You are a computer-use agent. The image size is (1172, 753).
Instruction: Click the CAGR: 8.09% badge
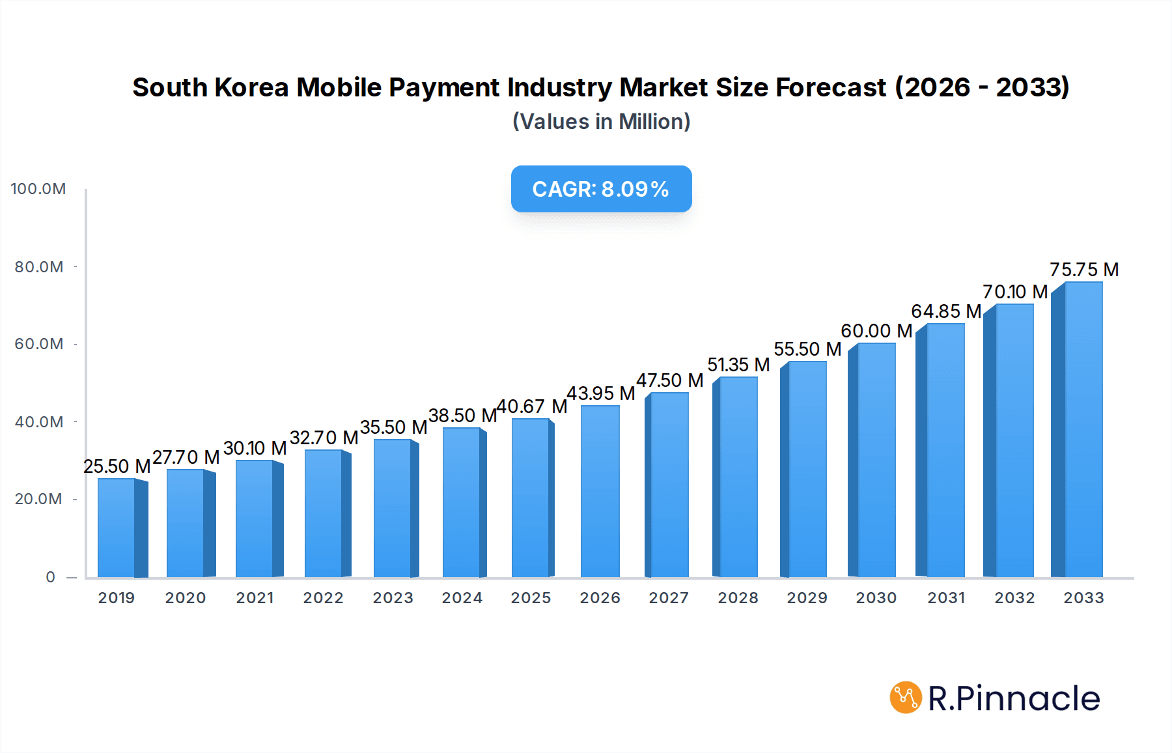coord(601,189)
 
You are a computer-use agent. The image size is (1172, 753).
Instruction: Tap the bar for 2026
coord(600,491)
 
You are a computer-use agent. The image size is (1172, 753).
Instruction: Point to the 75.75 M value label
coord(1084,270)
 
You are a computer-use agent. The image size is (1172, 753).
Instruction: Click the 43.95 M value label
coord(600,393)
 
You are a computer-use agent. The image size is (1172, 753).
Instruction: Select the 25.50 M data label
coord(117,466)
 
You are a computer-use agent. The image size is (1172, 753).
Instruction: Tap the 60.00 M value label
coord(876,331)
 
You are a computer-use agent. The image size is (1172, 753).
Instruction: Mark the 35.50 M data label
coord(393,427)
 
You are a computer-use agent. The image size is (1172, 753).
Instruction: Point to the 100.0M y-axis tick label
coord(38,189)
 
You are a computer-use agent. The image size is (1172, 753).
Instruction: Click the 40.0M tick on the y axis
coord(39,422)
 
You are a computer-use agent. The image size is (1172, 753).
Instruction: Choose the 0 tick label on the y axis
coord(50,577)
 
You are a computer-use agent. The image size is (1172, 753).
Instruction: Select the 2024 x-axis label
coord(462,598)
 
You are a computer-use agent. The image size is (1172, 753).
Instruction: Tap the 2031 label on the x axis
coord(946,598)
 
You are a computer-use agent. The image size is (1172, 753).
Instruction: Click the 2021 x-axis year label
coord(255,598)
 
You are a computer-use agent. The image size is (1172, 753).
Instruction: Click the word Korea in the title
coord(251,87)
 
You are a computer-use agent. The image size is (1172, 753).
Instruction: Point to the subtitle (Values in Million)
coord(601,122)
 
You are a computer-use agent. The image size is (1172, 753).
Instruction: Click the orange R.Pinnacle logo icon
coord(906,698)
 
